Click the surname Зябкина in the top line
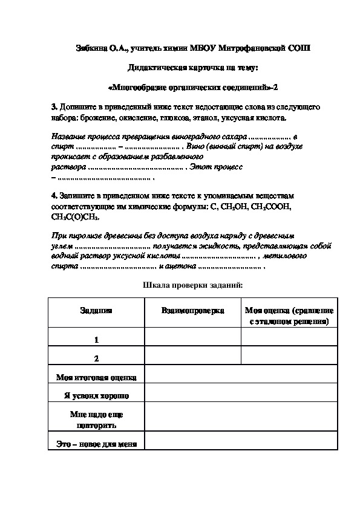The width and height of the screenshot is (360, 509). (93, 48)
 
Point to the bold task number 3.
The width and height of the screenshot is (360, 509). (54, 106)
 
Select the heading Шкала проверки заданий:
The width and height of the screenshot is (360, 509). (192, 285)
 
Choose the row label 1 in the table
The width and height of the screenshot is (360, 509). (96, 340)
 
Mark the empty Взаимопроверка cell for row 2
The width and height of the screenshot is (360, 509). (192, 357)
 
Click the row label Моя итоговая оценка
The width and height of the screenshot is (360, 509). (96, 377)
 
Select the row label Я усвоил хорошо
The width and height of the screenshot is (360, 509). (96, 396)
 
